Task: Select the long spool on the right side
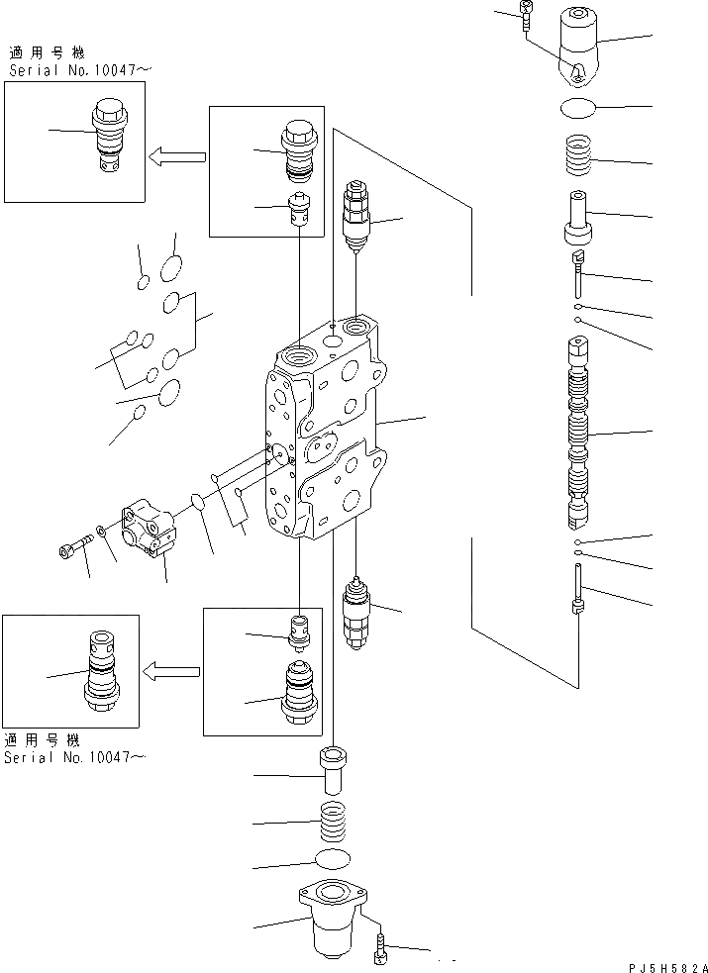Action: coord(578,431)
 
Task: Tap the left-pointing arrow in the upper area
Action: coord(176,155)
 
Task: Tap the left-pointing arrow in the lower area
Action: coord(172,673)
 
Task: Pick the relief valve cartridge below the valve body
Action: coord(354,612)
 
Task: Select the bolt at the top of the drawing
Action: coord(526,13)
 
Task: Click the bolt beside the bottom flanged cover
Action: coord(379,951)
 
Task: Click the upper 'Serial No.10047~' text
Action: coord(77,71)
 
